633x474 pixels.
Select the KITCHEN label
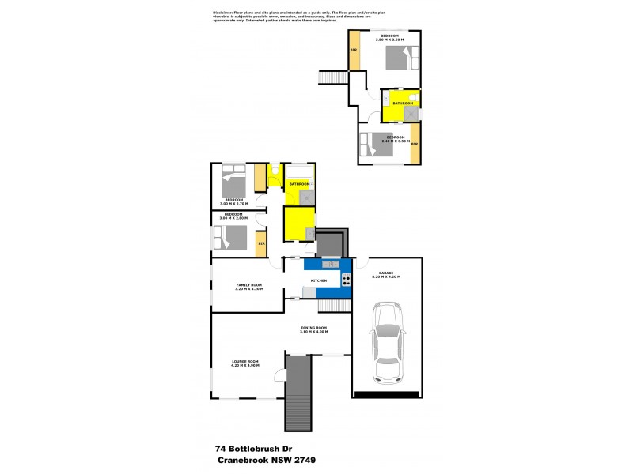pyautogui.click(x=319, y=280)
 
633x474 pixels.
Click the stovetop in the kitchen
pyautogui.click(x=346, y=279)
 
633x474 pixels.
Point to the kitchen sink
pyautogui.click(x=332, y=263)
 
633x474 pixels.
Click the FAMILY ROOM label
pyautogui.click(x=248, y=286)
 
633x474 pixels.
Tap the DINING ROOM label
pyautogui.click(x=313, y=329)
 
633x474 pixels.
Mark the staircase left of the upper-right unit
pyautogui.click(x=328, y=77)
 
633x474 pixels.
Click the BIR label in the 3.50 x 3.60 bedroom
pyautogui.click(x=354, y=51)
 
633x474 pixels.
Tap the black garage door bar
pyautogui.click(x=386, y=393)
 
